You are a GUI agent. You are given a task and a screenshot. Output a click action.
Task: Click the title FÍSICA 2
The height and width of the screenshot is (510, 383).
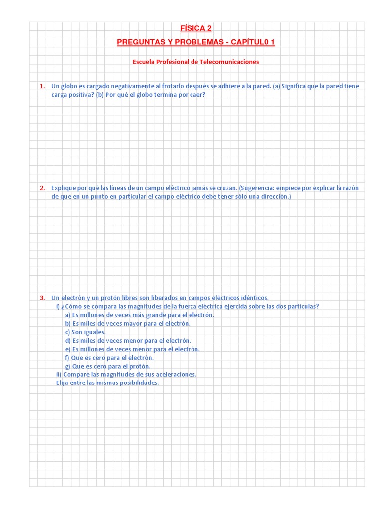(195, 28)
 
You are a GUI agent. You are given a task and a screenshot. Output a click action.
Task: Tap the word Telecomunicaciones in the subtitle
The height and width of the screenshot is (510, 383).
(229, 62)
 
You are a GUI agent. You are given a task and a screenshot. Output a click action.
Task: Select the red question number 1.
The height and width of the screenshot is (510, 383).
(42, 86)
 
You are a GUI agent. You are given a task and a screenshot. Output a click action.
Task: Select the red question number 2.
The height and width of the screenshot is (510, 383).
(42, 188)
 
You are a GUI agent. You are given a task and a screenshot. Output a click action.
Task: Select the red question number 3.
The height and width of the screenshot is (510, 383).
(42, 298)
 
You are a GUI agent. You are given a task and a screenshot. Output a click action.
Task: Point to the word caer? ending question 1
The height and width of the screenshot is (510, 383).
(196, 95)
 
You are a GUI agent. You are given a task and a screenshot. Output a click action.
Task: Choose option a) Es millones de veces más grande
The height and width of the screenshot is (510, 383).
(140, 315)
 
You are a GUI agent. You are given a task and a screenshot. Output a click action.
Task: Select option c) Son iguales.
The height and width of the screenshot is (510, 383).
(85, 332)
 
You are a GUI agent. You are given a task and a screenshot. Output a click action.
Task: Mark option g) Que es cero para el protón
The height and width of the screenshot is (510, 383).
(108, 366)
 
